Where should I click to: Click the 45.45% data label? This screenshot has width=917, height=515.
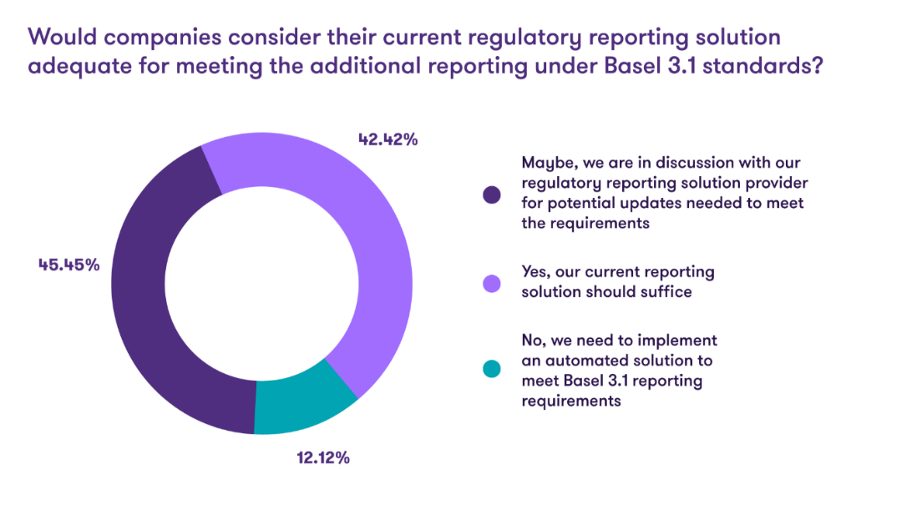coord(68,265)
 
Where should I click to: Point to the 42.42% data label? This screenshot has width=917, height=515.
coord(388,139)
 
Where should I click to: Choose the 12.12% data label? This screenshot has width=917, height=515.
coord(322,458)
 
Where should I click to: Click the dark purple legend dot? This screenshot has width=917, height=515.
coord(492,194)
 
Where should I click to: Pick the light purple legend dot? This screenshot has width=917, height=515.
coord(492,284)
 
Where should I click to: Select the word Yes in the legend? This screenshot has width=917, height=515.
coord(535,273)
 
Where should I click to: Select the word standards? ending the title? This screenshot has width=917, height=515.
coord(761,68)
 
